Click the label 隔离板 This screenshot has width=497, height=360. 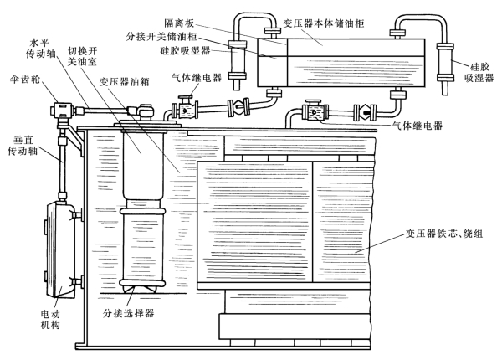[179, 23]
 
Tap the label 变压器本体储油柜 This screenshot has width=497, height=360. [324, 23]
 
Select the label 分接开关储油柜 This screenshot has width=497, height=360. [161, 37]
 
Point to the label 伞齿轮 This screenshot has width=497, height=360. [25, 79]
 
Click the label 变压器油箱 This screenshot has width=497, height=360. [124, 82]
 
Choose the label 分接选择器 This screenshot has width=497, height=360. [128, 313]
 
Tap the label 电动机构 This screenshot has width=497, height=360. [50, 320]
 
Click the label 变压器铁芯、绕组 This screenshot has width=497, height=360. [444, 234]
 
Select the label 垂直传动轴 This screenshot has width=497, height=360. [23, 146]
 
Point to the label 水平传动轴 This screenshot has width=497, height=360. [40, 49]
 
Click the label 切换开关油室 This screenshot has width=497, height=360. [82, 56]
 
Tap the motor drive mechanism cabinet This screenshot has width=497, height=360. [61, 250]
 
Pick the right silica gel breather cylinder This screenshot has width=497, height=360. [445, 68]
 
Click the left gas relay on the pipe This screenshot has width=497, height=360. [184, 109]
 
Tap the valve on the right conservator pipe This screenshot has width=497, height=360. [365, 112]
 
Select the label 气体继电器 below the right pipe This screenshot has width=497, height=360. [418, 126]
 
